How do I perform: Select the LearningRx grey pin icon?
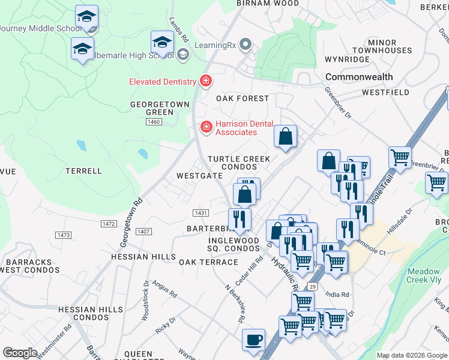tap(245, 44)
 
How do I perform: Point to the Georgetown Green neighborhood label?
tap(152, 108)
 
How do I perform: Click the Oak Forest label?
tap(243, 98)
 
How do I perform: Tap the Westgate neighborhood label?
tap(199, 176)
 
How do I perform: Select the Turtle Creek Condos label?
tap(239, 163)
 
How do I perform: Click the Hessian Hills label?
tap(142, 256)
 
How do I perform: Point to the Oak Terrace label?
tap(208, 262)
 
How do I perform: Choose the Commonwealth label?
tap(359, 77)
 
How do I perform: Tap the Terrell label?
tap(84, 171)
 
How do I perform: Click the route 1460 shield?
tap(154, 122)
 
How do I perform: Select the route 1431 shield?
tap(200, 213)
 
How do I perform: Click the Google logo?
tap(20, 353)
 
